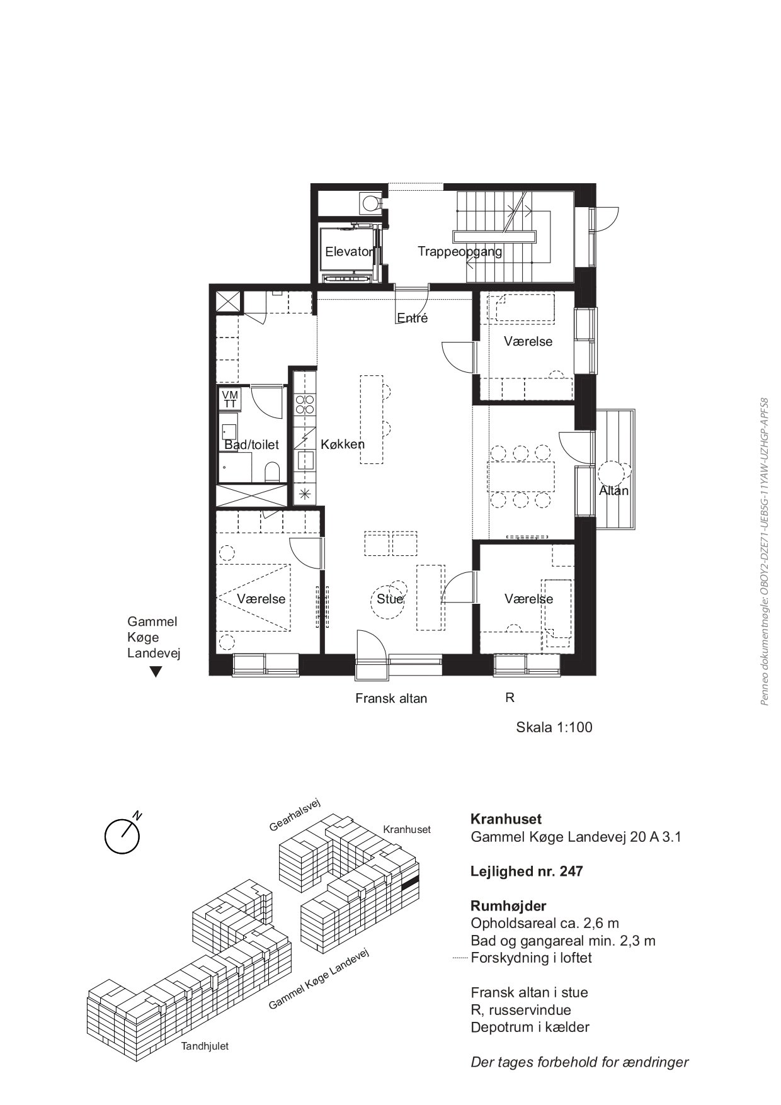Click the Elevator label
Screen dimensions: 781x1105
tap(350, 252)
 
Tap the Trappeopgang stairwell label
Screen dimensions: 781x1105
tap(460, 252)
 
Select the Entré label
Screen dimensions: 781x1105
tap(413, 318)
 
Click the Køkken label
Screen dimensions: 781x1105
tap(343, 444)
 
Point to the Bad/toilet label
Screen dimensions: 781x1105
tap(251, 445)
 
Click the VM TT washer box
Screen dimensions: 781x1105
tap(230, 399)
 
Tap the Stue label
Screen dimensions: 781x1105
tap(390, 599)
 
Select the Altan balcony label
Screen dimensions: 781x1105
tap(613, 490)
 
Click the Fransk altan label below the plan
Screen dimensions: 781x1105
tap(391, 698)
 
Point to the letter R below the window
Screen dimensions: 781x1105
tap(510, 698)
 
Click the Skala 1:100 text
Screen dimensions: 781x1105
tap(554, 727)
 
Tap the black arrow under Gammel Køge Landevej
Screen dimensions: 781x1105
tap(156, 672)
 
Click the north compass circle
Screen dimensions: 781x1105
tap(122, 836)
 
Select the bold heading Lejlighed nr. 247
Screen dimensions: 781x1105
tap(527, 871)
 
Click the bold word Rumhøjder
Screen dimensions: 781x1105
tap(508, 906)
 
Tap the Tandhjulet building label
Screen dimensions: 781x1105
tap(205, 1046)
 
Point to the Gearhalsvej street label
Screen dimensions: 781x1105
tap(295, 815)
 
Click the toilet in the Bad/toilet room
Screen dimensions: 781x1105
tap(273, 472)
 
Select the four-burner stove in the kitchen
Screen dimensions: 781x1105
tap(305, 404)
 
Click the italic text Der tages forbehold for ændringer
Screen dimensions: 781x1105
tap(579, 1063)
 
